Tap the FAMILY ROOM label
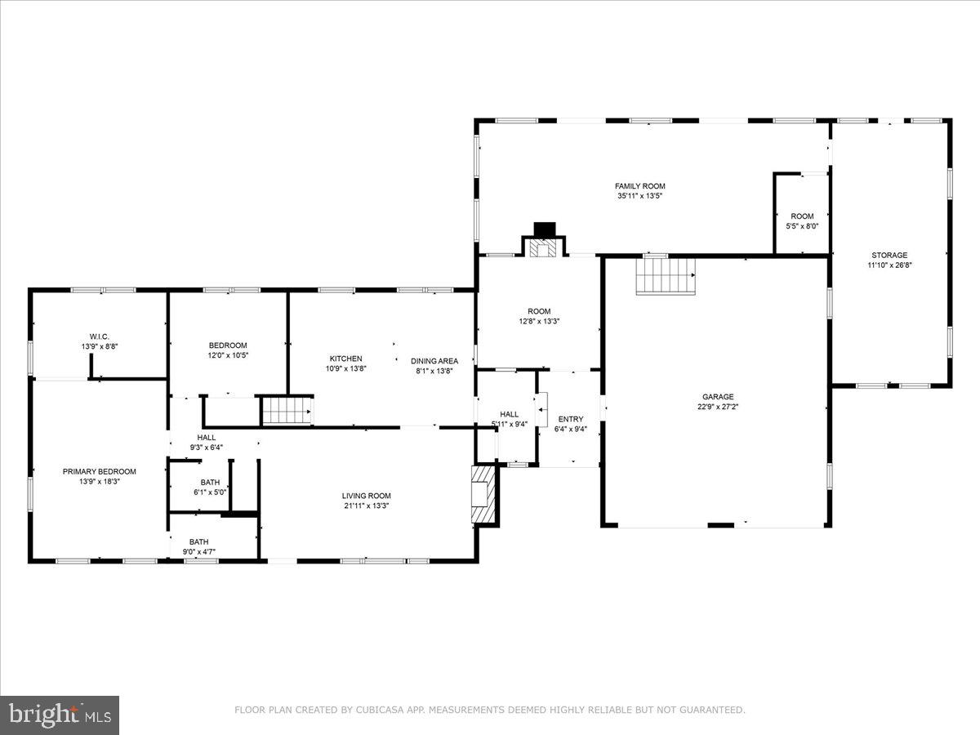pos(639,186)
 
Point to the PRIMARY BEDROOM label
pos(100,471)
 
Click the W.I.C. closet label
pos(100,336)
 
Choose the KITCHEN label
pos(345,359)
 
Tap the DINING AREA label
pos(434,361)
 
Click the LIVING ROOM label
pos(366,496)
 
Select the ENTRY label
pos(571,419)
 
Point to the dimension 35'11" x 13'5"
pos(639,196)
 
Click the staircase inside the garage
pos(665,274)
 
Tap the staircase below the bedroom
pos(287,410)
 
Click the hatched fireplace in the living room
pos(483,494)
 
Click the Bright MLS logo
pos(60,715)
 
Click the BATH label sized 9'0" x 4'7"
pos(198,541)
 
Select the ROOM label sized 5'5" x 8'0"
pos(802,216)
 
